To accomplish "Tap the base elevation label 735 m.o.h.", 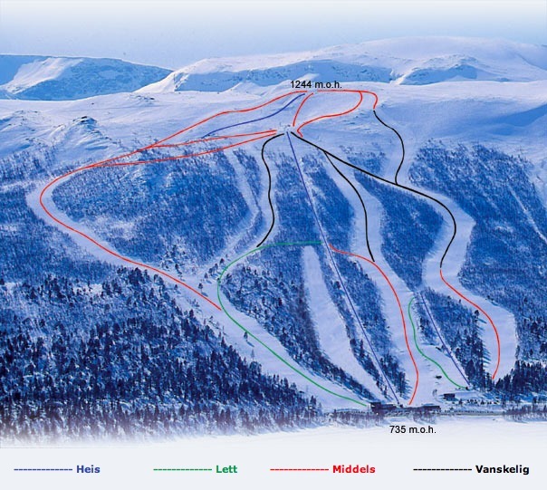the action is (x=412, y=429).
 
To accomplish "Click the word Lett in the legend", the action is (x=226, y=469).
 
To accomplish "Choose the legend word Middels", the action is (x=354, y=469).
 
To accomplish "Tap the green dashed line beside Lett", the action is (x=184, y=470).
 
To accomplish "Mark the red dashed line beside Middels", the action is (x=299, y=470).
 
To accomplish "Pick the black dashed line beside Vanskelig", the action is (x=442, y=470).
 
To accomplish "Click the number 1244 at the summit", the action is (x=302, y=84).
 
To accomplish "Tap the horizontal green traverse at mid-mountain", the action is (x=290, y=243).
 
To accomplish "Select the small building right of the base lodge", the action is (x=449, y=396).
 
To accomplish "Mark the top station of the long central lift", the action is (x=288, y=134).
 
